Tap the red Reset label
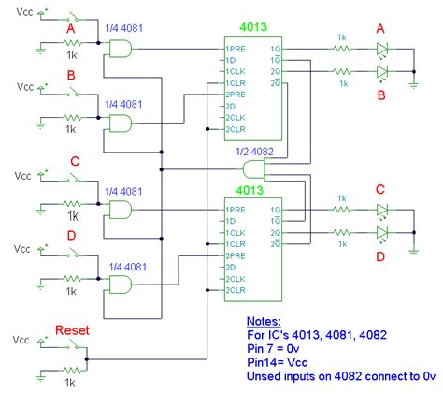coord(72,329)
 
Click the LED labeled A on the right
coord(382,49)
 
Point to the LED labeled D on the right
coord(382,231)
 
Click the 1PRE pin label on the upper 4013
coord(234,49)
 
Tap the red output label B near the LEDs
coord(381,94)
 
